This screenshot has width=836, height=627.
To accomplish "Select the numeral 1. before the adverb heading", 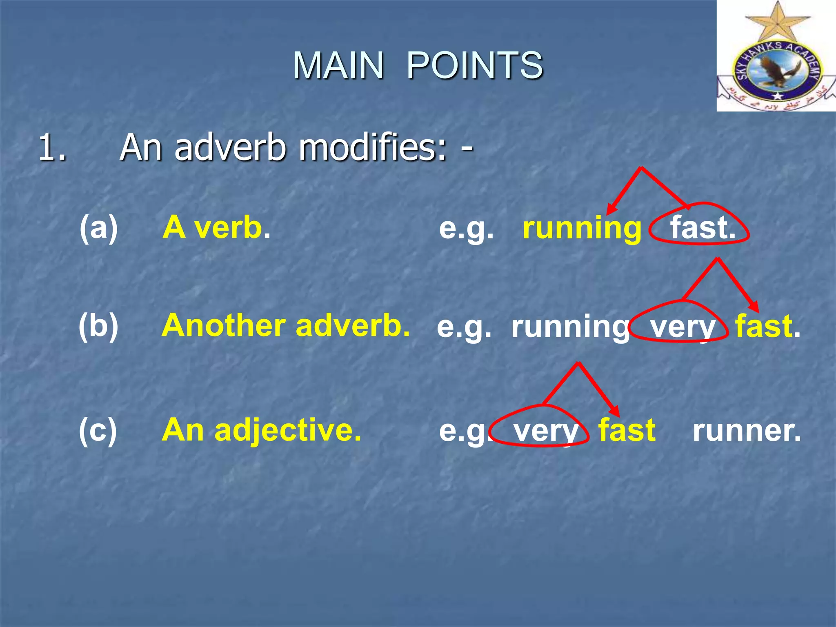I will point(52,148).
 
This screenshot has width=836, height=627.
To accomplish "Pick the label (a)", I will point(98,227).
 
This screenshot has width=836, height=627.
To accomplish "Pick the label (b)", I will point(98,326).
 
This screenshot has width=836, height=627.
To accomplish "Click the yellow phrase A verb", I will point(216,227).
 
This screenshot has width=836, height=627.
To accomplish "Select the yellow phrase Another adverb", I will point(286,326).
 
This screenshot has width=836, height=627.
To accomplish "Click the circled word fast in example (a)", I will point(702,228).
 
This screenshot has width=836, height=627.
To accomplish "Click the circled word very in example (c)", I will point(545,431).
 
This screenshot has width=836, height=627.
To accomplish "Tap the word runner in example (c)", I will point(746,431).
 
